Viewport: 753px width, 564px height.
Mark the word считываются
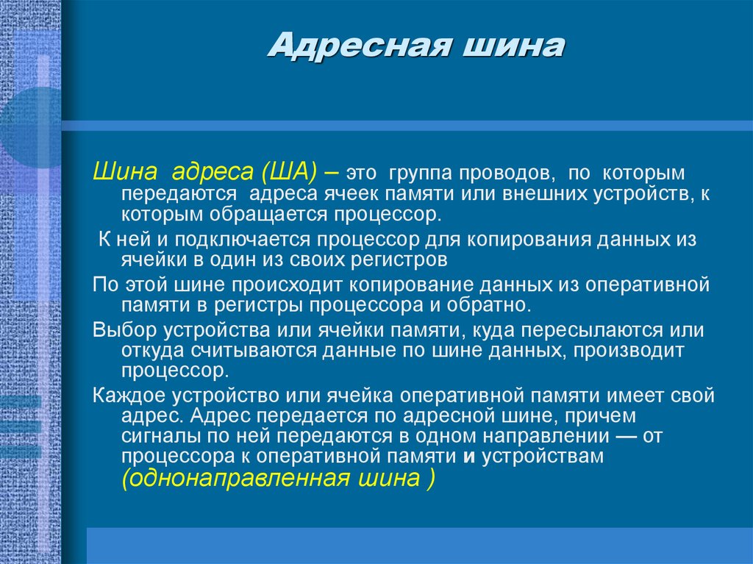point(250,351)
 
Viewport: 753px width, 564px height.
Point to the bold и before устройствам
point(468,457)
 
